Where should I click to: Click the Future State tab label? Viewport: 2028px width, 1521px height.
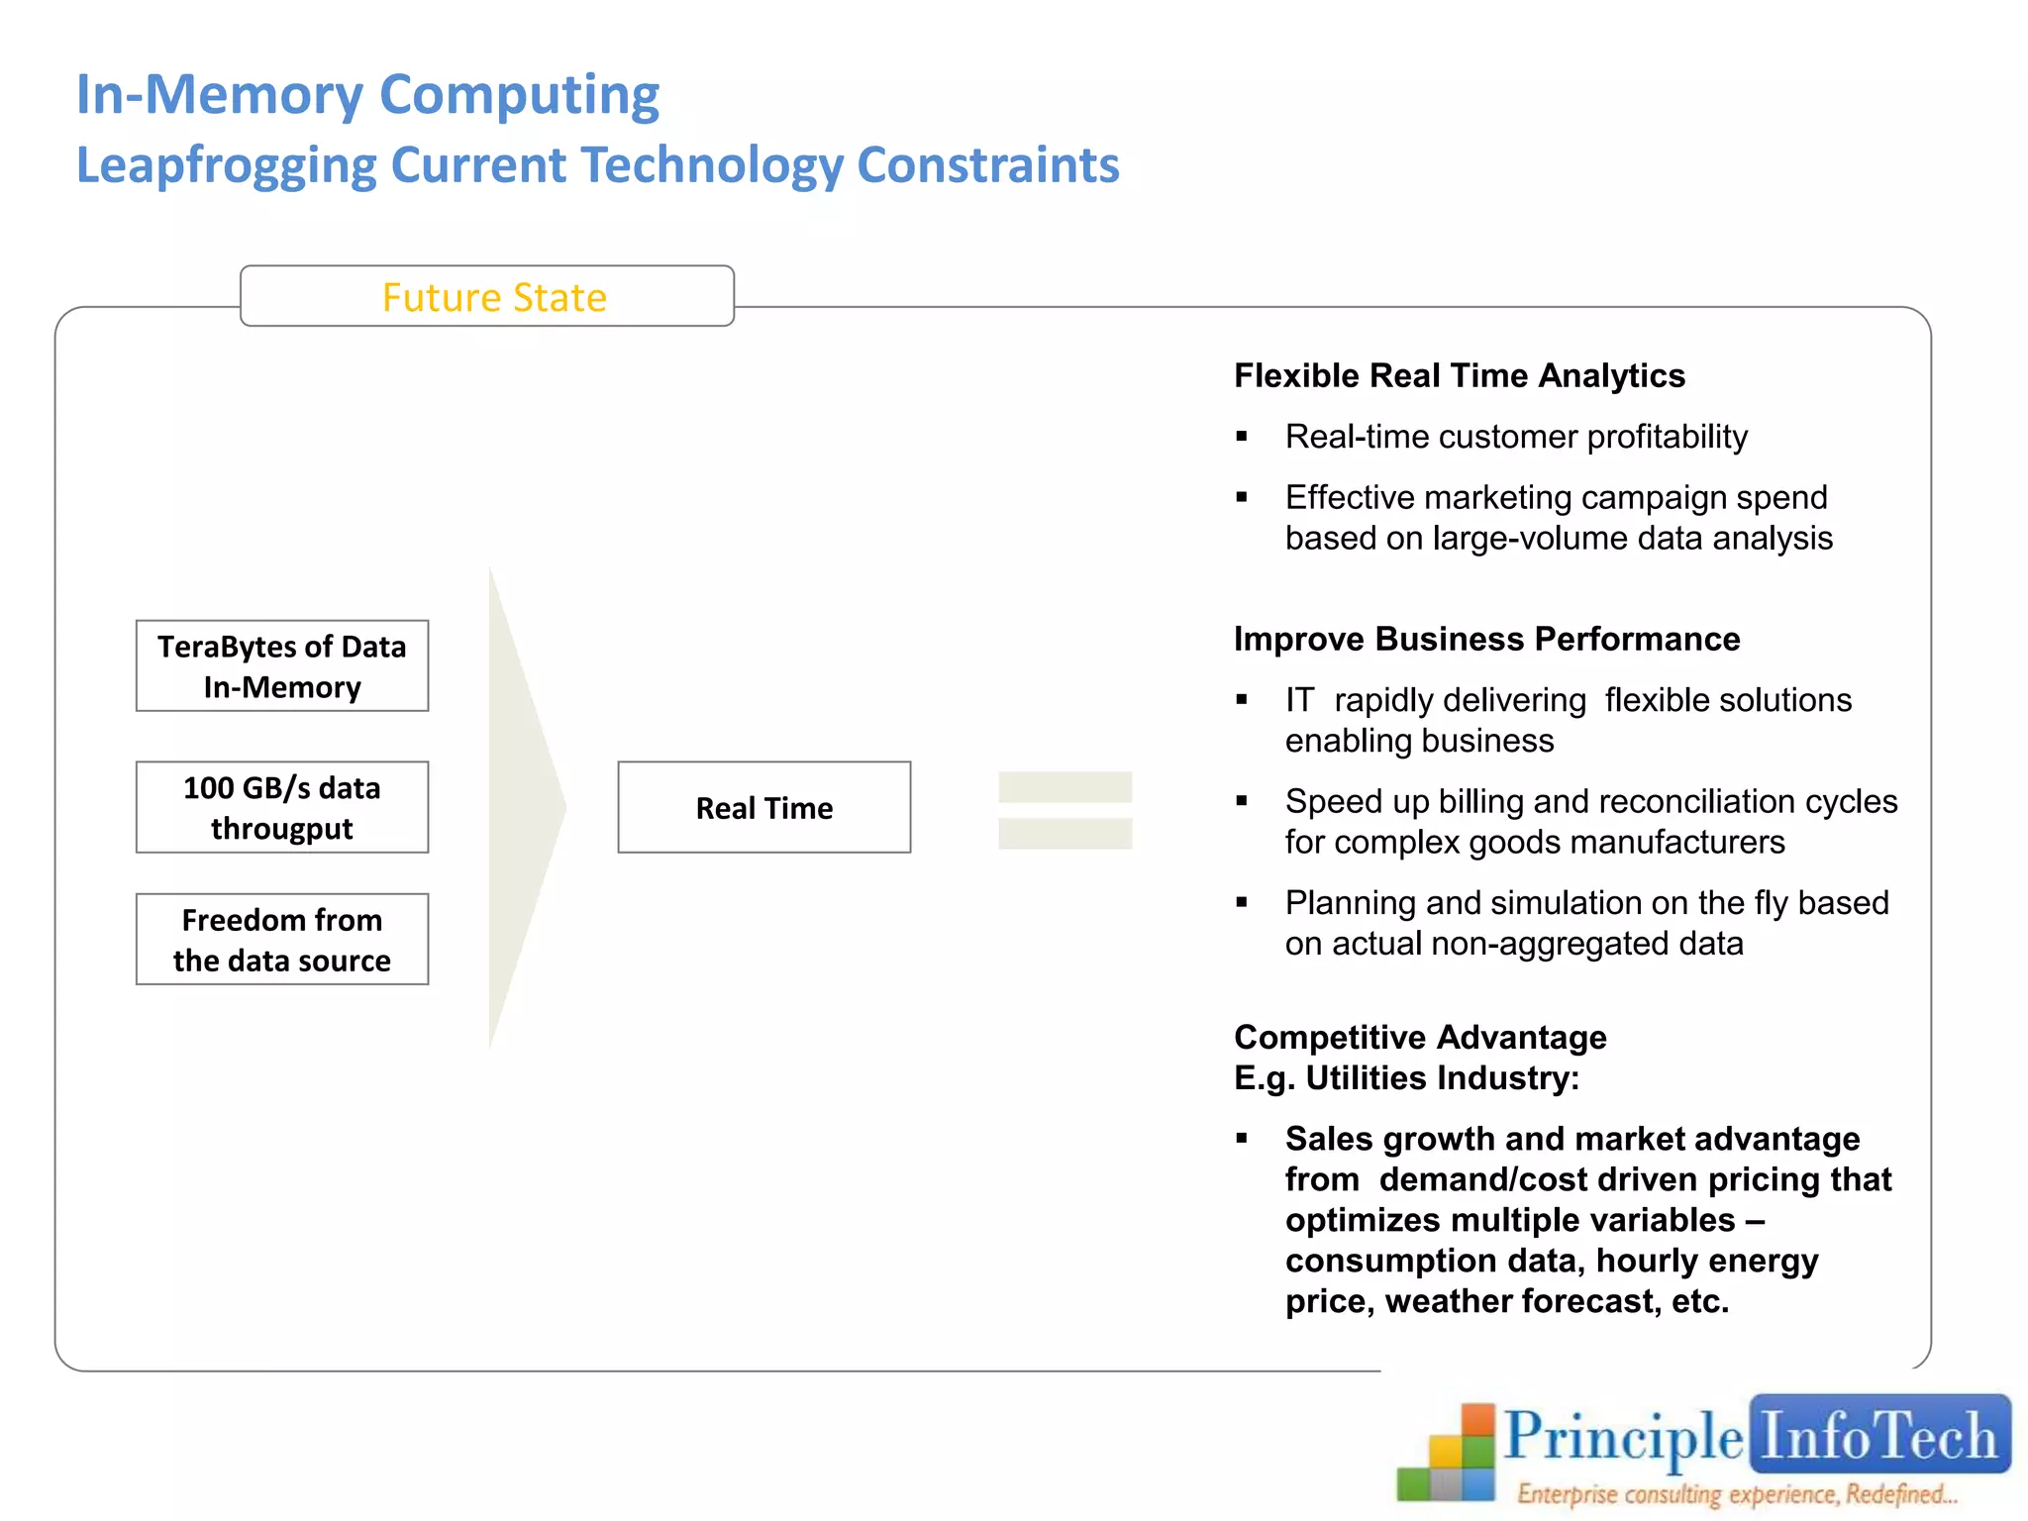click(493, 297)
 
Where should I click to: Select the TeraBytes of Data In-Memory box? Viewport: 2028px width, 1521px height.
click(282, 666)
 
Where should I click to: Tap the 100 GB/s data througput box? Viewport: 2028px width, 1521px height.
click(282, 807)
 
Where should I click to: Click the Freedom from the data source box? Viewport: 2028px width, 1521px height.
click(282, 940)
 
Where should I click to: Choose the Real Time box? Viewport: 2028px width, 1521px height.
click(763, 807)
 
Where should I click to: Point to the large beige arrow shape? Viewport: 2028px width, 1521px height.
click(521, 807)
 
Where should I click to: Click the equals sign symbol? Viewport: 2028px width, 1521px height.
click(1065, 809)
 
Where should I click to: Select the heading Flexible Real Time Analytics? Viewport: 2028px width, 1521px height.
click(1459, 376)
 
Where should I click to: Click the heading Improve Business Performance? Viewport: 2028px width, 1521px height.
click(1485, 640)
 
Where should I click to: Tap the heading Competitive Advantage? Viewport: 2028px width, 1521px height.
click(1420, 1037)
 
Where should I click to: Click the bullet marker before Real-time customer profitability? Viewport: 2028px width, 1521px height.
click(1242, 437)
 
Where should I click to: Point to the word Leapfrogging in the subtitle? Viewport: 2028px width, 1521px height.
click(226, 165)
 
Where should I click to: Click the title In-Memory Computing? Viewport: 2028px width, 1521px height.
click(367, 95)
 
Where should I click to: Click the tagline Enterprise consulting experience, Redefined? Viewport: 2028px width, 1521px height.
click(1737, 1494)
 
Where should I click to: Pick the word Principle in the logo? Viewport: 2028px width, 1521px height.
click(1623, 1437)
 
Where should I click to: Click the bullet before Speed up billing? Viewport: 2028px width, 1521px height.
click(1242, 801)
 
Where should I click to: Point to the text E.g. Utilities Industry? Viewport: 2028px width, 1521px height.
click(1406, 1078)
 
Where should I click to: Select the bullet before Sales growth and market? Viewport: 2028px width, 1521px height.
click(1242, 1139)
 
